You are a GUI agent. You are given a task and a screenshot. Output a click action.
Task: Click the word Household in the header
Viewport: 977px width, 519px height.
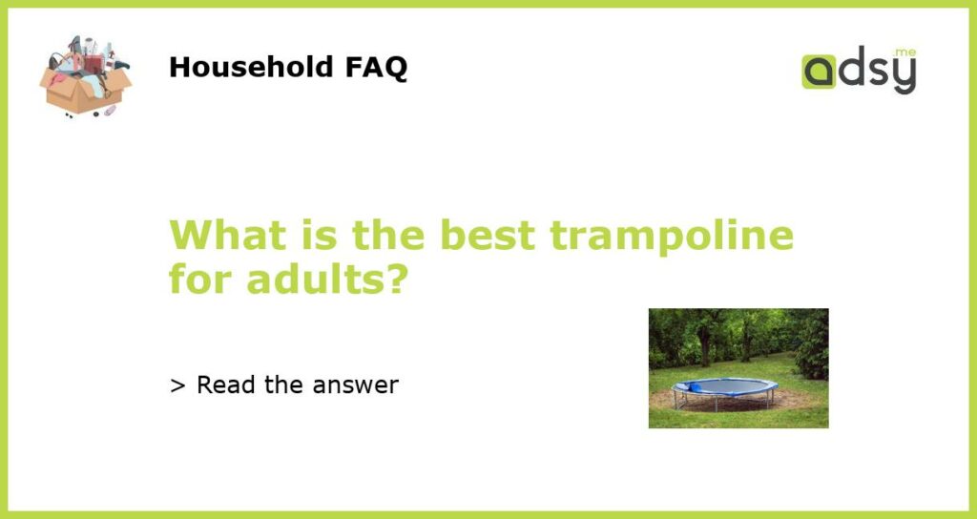[251, 67]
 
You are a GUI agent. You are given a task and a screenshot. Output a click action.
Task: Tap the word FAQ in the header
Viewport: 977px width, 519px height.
[376, 68]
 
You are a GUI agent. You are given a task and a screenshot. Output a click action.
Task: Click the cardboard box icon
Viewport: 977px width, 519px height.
[86, 76]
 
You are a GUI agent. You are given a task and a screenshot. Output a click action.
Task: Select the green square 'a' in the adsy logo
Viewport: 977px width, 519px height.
[818, 72]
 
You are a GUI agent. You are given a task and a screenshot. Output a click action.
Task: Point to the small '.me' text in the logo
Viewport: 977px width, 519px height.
[904, 52]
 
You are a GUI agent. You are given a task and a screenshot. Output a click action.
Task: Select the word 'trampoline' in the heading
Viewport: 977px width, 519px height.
[672, 237]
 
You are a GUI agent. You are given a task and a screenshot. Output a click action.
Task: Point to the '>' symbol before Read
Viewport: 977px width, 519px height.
[177, 385]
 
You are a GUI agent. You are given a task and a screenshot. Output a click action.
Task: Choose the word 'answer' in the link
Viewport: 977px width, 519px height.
[355, 385]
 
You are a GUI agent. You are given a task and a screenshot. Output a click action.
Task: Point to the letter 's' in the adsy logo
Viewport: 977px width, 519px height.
[878, 73]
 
